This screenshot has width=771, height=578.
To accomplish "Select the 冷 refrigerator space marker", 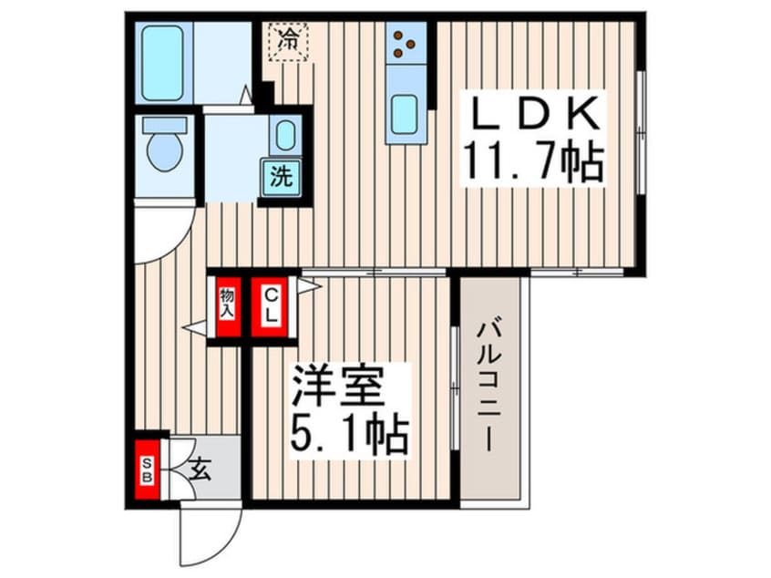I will pos(289,40).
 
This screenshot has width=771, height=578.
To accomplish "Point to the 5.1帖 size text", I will pos(346,436).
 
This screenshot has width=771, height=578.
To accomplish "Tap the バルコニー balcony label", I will pos(489,387).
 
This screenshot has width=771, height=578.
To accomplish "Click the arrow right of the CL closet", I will pos(308,286).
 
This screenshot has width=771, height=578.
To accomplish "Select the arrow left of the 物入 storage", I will pos(194,325).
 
